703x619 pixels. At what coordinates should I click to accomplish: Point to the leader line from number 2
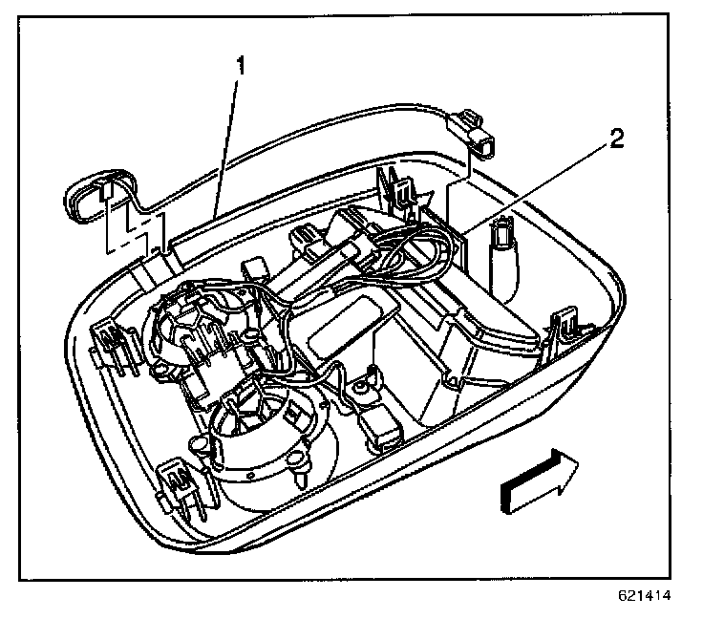coord(535,186)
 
